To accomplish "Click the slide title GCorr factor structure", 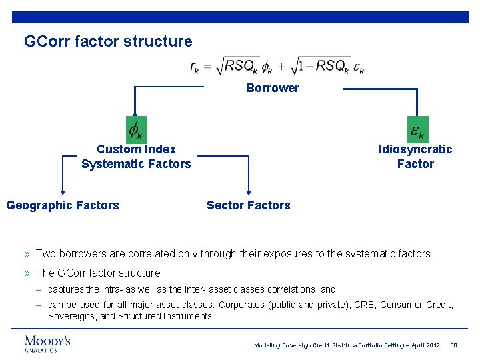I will (x=108, y=41).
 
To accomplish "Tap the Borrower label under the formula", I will (x=273, y=88).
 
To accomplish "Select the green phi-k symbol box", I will (x=136, y=129).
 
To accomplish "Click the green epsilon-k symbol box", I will (x=417, y=129).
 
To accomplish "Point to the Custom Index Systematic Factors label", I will (x=136, y=157).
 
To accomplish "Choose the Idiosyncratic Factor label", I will (x=415, y=157).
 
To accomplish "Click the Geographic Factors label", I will (x=63, y=205).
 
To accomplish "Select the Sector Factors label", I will (x=249, y=205).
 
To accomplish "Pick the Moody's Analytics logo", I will (x=47, y=343).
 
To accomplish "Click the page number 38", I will (x=454, y=345).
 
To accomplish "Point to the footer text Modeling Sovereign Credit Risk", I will (x=347, y=345).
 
